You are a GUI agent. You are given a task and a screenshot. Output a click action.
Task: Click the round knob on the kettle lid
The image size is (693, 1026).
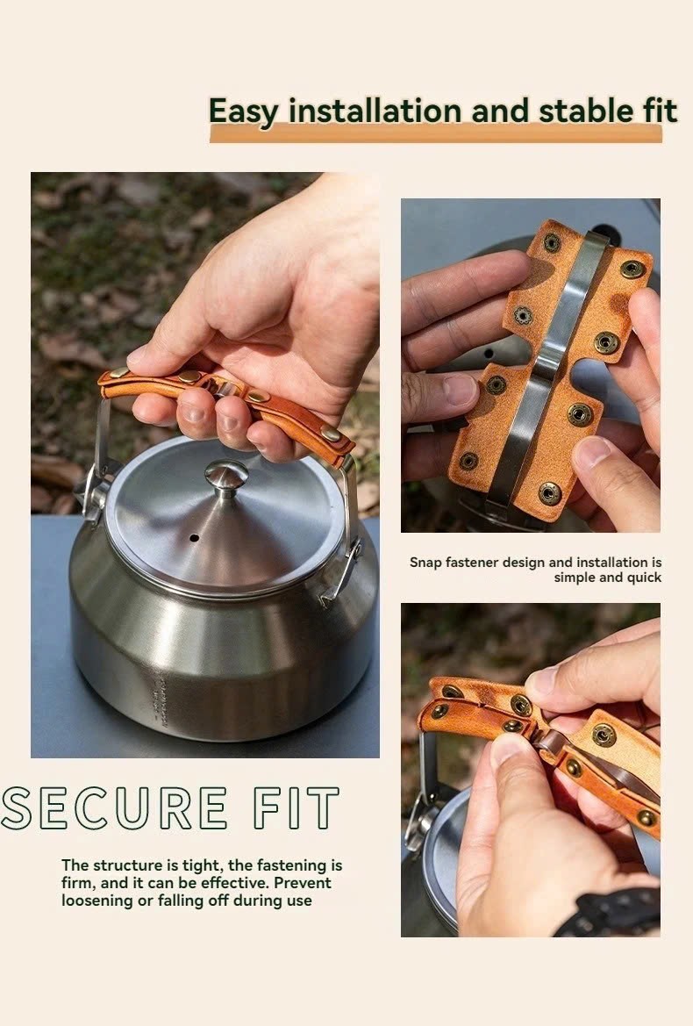coord(226,477)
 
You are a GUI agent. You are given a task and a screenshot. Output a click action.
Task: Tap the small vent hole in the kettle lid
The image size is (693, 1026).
coord(194,539)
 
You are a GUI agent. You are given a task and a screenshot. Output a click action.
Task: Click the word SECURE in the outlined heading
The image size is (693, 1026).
coord(114,808)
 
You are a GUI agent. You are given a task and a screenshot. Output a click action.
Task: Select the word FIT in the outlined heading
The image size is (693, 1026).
coord(296,808)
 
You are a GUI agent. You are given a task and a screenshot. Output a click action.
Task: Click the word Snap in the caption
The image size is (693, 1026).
coord(425,563)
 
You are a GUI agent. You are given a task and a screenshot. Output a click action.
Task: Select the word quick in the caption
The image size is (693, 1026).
coord(644,578)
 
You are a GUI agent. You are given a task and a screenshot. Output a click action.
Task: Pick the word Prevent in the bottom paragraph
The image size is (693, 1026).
coord(303,883)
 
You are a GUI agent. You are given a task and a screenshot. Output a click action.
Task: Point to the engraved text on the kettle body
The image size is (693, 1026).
coord(161,702)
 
